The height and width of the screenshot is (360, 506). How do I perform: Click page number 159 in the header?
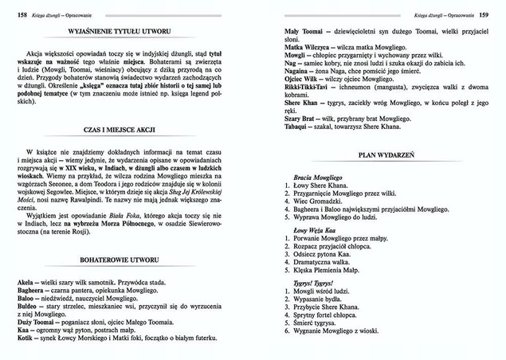(483, 15)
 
